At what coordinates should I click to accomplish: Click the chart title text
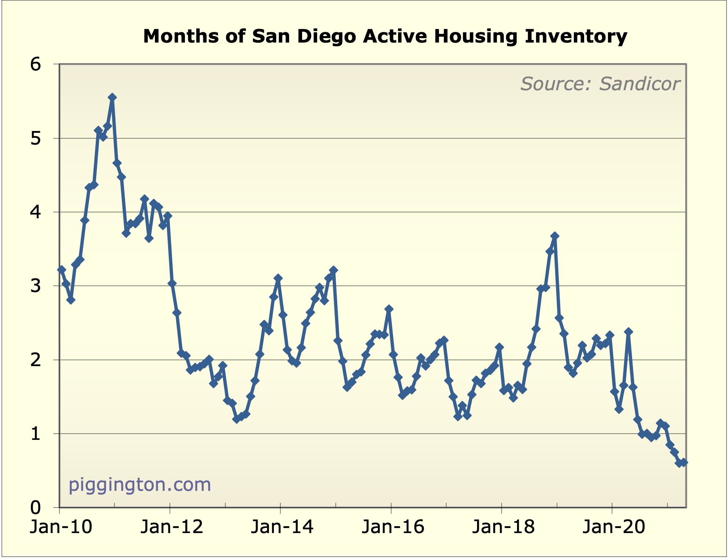pyautogui.click(x=385, y=36)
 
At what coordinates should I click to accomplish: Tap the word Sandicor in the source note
pyautogui.click(x=640, y=84)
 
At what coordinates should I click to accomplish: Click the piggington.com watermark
pyautogui.click(x=140, y=485)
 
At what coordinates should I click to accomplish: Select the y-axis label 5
pyautogui.click(x=36, y=139)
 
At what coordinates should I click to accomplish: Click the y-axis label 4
pyautogui.click(x=36, y=212)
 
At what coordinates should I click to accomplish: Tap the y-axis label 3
pyautogui.click(x=36, y=286)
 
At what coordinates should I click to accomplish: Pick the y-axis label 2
pyautogui.click(x=36, y=360)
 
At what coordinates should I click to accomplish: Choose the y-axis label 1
pyautogui.click(x=36, y=434)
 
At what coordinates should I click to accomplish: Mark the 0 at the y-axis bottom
pyautogui.click(x=36, y=508)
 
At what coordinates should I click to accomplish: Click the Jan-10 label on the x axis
pyautogui.click(x=61, y=527)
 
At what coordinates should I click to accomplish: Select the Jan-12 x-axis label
pyautogui.click(x=172, y=527)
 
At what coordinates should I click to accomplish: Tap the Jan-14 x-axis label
pyautogui.click(x=282, y=527)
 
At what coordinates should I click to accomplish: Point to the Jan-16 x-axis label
pyautogui.click(x=393, y=527)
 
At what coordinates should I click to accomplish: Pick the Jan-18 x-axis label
pyautogui.click(x=503, y=527)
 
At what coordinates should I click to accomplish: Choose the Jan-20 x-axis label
pyautogui.click(x=614, y=527)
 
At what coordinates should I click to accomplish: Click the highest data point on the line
pyautogui.click(x=112, y=97)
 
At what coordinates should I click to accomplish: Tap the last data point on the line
pyautogui.click(x=684, y=463)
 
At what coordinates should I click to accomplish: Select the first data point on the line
pyautogui.click(x=62, y=270)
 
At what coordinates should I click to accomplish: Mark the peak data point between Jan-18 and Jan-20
pyautogui.click(x=554, y=236)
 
